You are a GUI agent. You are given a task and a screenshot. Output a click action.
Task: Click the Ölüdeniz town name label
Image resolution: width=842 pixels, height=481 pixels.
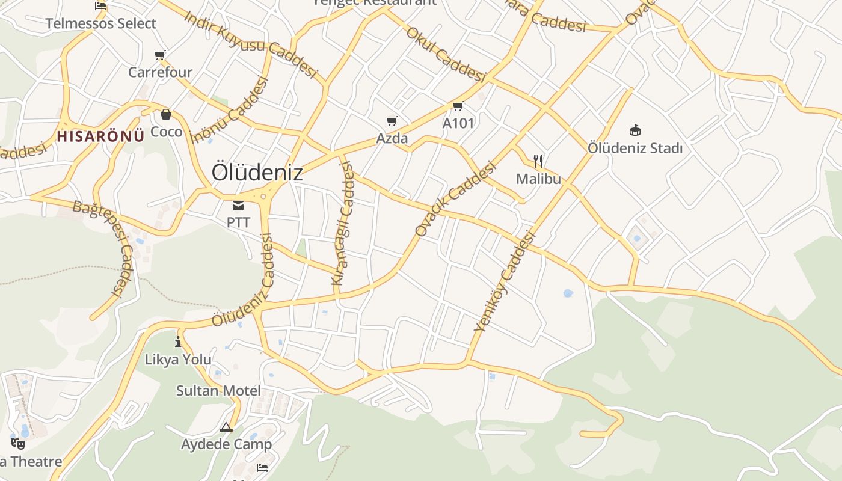(x=257, y=173)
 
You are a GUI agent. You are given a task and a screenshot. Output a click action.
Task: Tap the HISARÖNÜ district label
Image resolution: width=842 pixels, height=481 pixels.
(x=100, y=136)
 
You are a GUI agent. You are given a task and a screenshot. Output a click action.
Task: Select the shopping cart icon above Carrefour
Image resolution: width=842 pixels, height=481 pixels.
(x=159, y=55)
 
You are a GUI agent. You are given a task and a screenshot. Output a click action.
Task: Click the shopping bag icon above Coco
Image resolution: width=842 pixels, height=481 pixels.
(x=166, y=114)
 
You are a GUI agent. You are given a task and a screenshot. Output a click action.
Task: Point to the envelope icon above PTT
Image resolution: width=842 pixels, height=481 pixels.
(x=238, y=206)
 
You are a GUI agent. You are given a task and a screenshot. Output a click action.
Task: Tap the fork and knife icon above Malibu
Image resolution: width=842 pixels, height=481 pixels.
(x=538, y=161)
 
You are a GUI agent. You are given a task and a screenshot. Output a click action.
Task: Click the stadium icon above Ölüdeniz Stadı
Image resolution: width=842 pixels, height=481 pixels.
(x=635, y=130)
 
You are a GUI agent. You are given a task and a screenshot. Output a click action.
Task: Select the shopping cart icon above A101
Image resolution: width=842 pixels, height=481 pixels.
(x=458, y=106)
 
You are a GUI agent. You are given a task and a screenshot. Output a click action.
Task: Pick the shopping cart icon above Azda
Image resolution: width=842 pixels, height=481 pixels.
(x=392, y=121)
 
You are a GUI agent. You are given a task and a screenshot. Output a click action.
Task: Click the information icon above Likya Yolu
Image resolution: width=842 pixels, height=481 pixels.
(x=178, y=342)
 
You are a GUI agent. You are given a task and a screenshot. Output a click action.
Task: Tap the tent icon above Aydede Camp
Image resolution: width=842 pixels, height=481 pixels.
(x=226, y=427)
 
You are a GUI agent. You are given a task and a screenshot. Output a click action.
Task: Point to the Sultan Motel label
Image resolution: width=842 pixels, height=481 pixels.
(x=218, y=391)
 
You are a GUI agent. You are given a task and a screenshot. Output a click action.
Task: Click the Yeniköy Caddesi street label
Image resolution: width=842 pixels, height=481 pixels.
(x=505, y=281)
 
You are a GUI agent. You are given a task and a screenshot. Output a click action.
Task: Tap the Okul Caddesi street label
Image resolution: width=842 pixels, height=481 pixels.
(x=446, y=55)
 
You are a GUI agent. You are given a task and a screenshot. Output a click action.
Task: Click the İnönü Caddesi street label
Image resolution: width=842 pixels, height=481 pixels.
(x=229, y=110)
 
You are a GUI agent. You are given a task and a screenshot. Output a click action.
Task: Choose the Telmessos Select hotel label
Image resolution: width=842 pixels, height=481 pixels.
(x=101, y=24)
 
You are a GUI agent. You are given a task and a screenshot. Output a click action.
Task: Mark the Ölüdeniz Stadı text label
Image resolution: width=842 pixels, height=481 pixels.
(x=635, y=147)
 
